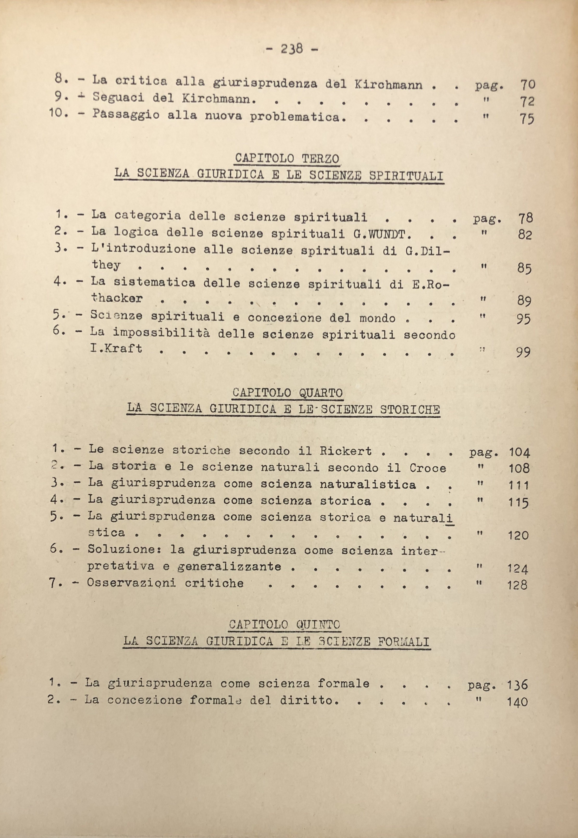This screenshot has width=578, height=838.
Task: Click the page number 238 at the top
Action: [x=291, y=49]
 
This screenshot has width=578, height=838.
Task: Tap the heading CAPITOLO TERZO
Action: [x=287, y=159]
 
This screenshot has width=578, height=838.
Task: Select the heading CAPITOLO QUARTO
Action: [x=288, y=393]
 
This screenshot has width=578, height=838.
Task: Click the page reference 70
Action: [x=528, y=85]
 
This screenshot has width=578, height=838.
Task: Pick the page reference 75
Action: [x=527, y=119]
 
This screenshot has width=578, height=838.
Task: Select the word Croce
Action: [x=428, y=468]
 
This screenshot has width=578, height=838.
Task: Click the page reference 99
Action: [x=523, y=352]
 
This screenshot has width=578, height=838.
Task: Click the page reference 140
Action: [x=517, y=702]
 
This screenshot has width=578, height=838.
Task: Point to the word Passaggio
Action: [x=125, y=114]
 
